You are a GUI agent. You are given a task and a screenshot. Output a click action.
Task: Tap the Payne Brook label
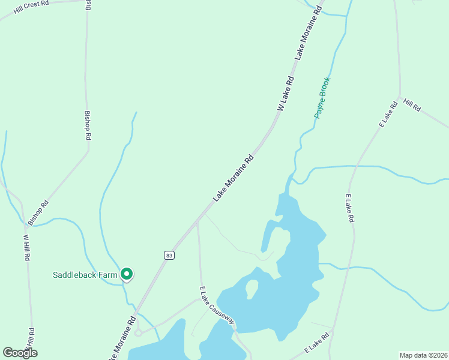(323, 97)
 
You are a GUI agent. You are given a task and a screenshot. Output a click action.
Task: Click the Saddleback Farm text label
(85, 275)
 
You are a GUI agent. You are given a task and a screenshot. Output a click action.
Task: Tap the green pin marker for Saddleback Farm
(127, 274)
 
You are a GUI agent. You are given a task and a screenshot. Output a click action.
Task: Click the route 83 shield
(169, 255)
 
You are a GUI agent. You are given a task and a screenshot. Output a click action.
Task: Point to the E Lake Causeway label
(217, 305)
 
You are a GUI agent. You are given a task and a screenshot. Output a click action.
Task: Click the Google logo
(20, 353)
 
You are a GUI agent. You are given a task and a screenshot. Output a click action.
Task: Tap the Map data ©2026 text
(423, 355)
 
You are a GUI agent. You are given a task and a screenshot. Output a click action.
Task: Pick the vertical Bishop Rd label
(88, 125)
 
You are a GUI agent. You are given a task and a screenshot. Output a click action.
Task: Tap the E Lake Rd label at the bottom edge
(318, 343)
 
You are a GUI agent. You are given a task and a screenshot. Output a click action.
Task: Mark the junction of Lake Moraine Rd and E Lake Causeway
(197, 223)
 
